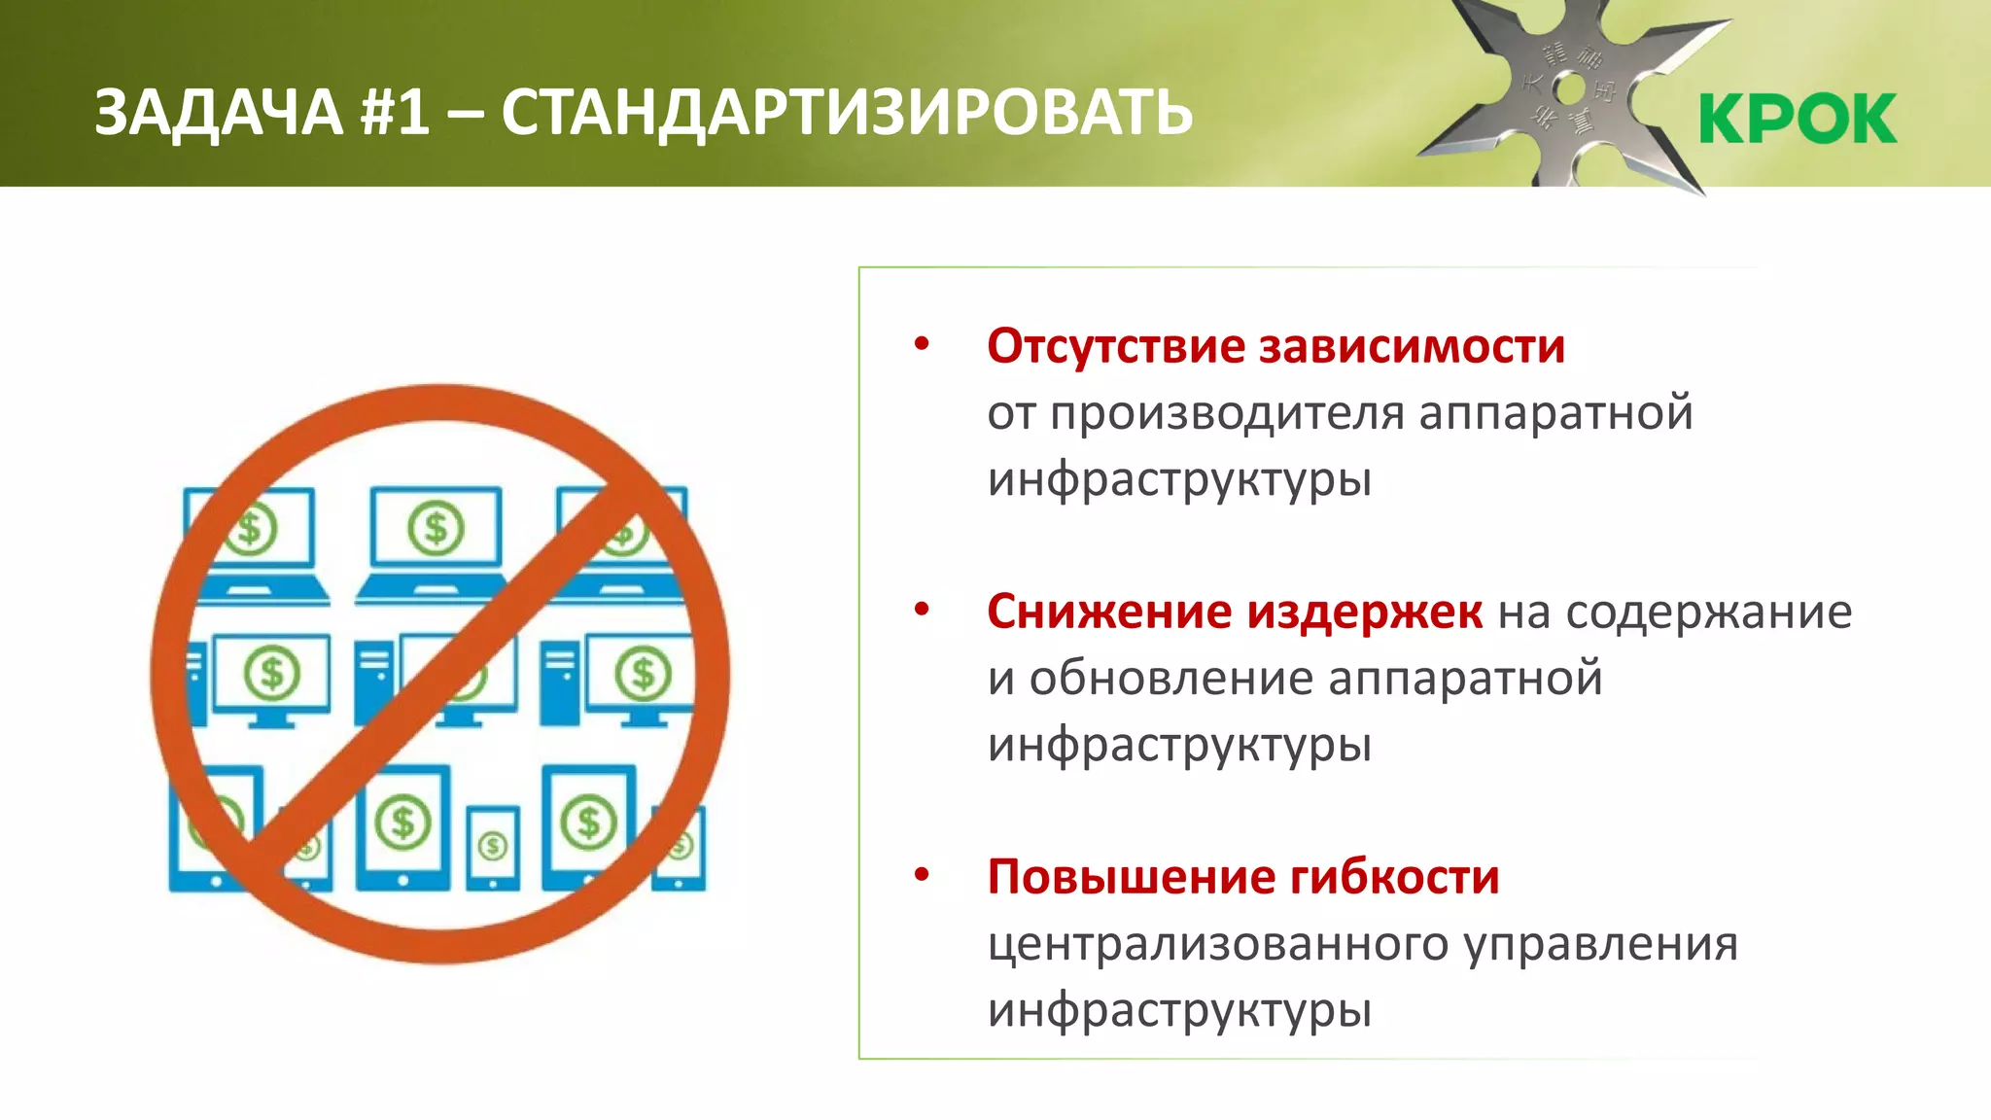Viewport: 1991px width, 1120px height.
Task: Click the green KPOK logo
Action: tap(1798, 119)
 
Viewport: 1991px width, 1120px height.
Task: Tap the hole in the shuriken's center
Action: tap(1569, 90)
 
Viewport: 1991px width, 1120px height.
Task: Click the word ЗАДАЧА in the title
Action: tap(219, 113)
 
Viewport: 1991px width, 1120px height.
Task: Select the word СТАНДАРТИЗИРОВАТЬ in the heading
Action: tap(847, 113)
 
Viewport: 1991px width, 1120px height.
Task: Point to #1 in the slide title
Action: tap(395, 113)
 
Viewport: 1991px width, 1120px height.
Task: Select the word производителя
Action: tap(1228, 414)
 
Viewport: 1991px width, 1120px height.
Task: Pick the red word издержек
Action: tap(1365, 612)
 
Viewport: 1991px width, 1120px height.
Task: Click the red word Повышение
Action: tap(1131, 877)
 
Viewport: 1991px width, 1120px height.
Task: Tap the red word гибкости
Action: tap(1395, 877)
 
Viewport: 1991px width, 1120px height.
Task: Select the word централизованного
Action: tap(1218, 945)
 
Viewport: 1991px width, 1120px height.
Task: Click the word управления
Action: tap(1601, 945)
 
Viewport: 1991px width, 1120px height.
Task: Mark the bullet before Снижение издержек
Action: tap(922, 611)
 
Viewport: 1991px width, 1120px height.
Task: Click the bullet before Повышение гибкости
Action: tap(922, 875)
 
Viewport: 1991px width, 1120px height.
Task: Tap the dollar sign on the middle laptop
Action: tap(436, 528)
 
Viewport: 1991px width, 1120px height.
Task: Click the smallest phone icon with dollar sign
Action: tap(493, 847)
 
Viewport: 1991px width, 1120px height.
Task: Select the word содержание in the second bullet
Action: tap(1709, 612)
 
